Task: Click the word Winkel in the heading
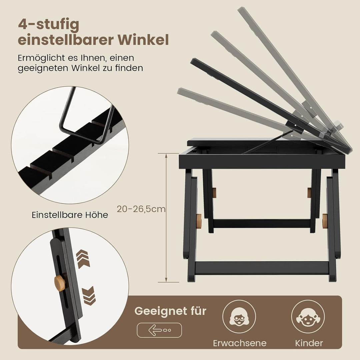click(x=143, y=40)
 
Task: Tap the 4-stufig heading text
click(x=49, y=25)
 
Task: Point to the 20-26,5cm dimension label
click(x=141, y=209)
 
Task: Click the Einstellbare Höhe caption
click(x=70, y=215)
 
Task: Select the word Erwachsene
click(x=240, y=343)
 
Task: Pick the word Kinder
click(x=309, y=343)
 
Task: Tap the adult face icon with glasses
click(x=239, y=317)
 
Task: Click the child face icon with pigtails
click(x=308, y=317)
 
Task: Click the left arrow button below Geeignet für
click(x=159, y=330)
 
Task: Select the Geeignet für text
click(x=170, y=311)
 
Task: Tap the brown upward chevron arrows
click(x=83, y=259)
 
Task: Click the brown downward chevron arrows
click(x=89, y=296)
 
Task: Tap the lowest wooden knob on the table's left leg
click(x=199, y=221)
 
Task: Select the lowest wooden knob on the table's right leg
click(x=325, y=221)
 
